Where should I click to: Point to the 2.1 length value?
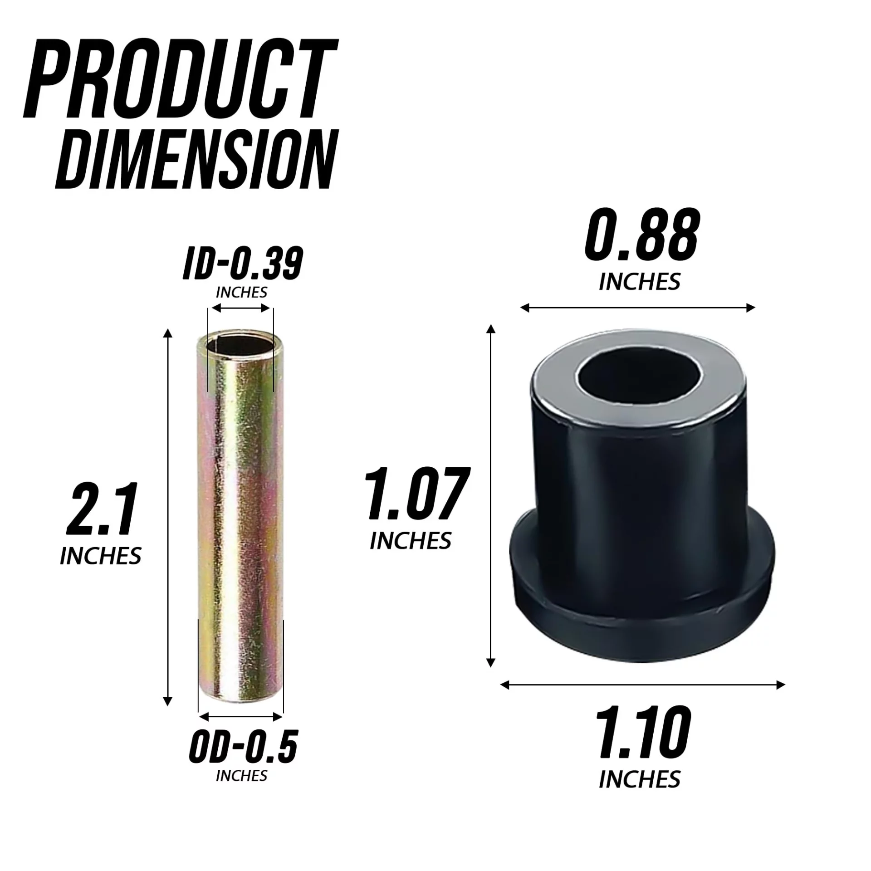coord(102,509)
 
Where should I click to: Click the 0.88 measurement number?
coord(641,237)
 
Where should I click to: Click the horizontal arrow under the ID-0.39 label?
coord(241,308)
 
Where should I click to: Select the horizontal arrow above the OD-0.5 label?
coord(241,717)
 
